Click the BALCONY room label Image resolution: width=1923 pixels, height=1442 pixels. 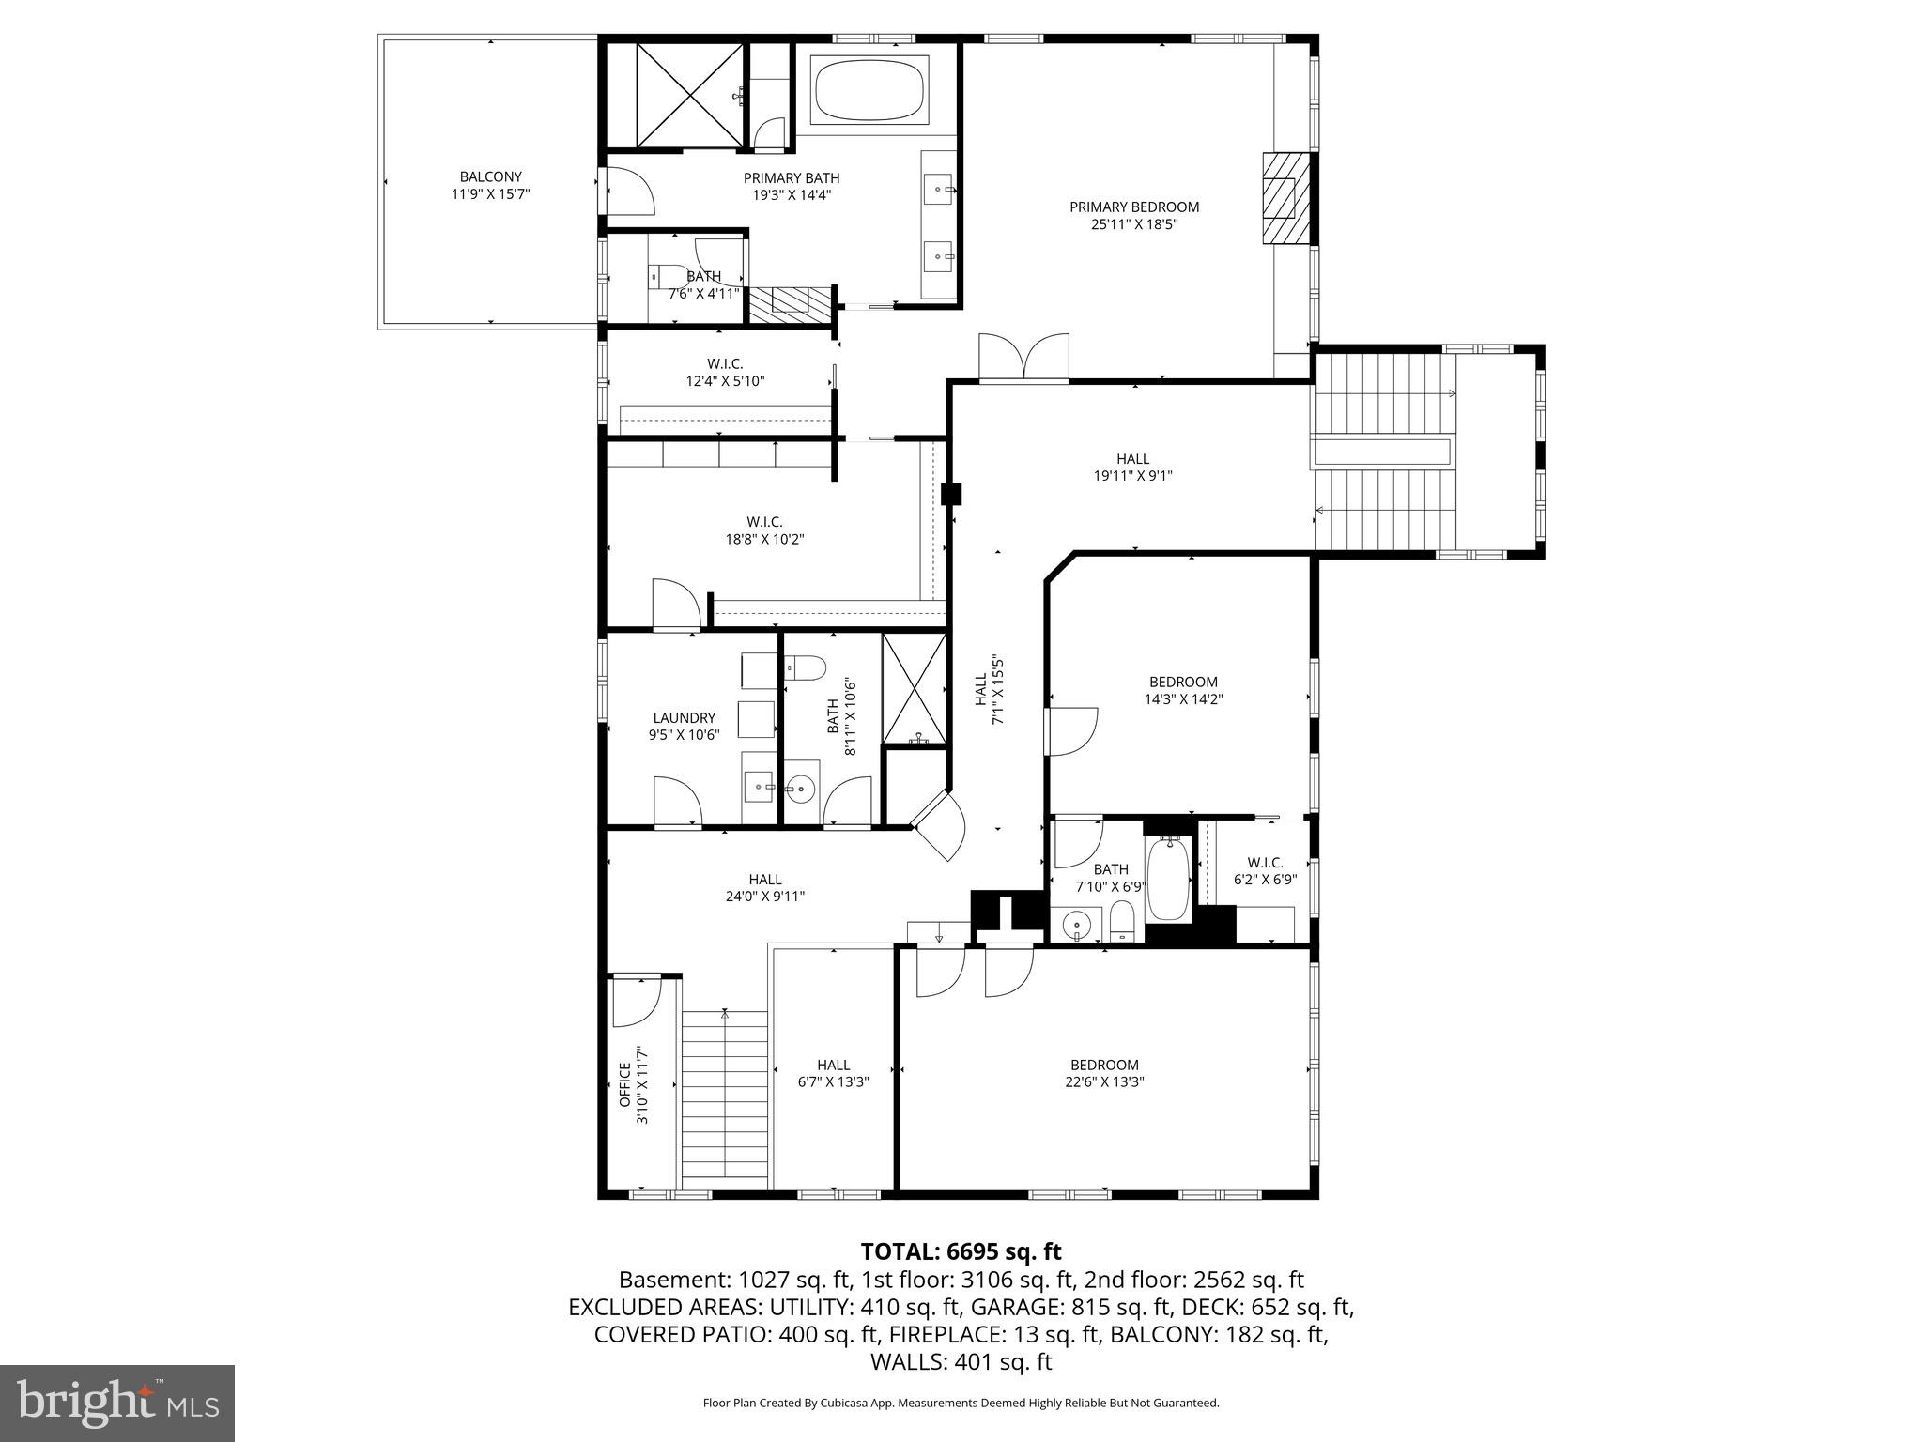point(490,176)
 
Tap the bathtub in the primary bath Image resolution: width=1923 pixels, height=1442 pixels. point(869,89)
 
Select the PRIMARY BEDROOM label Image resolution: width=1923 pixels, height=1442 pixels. point(1134,207)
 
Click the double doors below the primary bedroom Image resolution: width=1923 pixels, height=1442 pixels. point(1023,359)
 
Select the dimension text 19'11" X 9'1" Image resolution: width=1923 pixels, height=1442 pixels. point(1132,476)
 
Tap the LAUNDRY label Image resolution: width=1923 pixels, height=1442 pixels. point(684,718)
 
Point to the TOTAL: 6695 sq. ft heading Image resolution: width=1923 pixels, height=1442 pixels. point(961,1251)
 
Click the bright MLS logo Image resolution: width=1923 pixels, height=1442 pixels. point(116,1403)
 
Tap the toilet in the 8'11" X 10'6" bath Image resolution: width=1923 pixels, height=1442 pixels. point(806,668)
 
